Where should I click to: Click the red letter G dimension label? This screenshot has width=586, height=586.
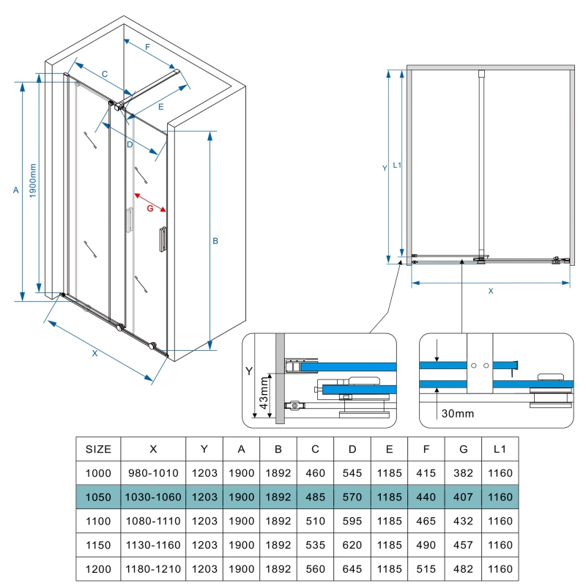tap(150, 209)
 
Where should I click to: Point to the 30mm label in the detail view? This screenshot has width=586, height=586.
tap(457, 414)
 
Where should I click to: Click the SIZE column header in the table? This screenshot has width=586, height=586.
tap(99, 448)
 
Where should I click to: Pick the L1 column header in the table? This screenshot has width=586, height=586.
tap(500, 448)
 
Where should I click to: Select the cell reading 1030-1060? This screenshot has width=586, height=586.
tap(153, 497)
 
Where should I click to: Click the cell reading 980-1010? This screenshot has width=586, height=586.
tap(153, 472)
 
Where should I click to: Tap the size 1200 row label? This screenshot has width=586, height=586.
tap(99, 569)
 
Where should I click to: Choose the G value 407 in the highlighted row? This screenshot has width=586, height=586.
tap(464, 497)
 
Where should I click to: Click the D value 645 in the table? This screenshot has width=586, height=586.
tap(352, 569)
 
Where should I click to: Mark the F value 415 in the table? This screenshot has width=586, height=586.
tap(426, 472)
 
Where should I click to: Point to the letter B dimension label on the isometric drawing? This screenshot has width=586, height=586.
tap(215, 241)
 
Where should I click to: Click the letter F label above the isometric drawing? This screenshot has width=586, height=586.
tap(148, 48)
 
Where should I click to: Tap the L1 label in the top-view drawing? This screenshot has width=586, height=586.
tap(396, 165)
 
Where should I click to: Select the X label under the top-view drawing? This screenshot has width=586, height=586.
tap(491, 291)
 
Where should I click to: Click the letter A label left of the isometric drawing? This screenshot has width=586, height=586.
tap(15, 190)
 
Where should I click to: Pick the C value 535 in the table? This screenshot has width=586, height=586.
tap(315, 545)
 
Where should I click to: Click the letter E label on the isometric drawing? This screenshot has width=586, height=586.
tap(160, 106)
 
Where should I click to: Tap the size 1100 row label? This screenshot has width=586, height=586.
tap(99, 521)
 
